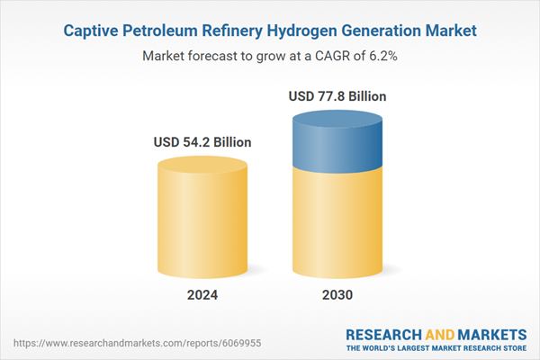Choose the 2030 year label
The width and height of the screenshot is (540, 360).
point(338,294)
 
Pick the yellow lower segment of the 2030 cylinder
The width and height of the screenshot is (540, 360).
point(338,225)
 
